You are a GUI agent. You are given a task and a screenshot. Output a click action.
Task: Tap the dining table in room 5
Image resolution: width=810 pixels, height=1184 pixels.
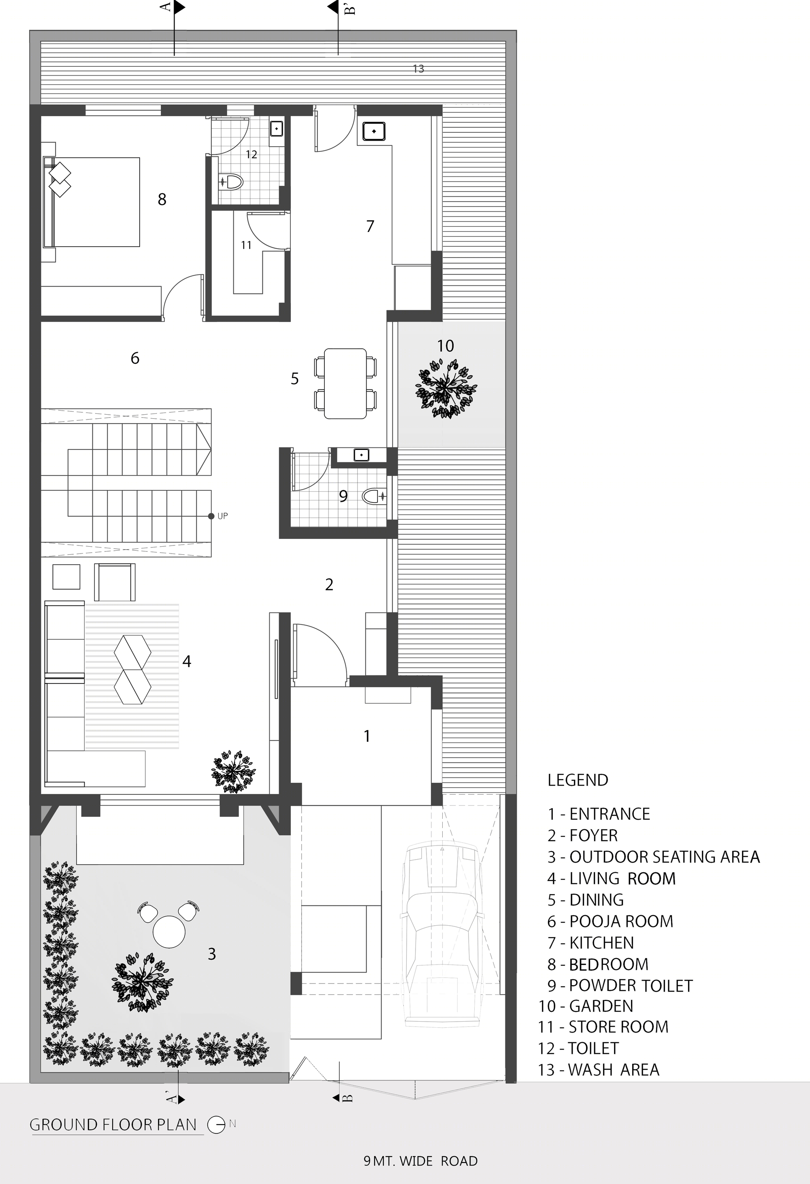[x=345, y=383]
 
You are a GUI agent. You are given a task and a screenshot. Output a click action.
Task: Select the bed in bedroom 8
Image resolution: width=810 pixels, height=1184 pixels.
[x=92, y=202]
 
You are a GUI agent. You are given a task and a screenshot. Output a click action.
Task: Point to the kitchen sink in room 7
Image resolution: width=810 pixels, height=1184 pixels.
[x=373, y=131]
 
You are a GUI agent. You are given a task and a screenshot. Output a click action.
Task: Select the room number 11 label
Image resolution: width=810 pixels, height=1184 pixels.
[x=247, y=245]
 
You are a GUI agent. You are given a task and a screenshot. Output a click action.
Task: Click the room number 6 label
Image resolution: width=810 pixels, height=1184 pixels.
[x=135, y=358]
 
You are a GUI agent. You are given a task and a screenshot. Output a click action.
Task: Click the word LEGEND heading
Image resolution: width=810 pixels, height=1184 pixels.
[x=578, y=780]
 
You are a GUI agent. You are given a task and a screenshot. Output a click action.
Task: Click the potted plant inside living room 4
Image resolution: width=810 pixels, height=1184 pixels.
[x=233, y=771]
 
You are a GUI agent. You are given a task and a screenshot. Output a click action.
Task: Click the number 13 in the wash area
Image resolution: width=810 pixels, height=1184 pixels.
[x=418, y=69]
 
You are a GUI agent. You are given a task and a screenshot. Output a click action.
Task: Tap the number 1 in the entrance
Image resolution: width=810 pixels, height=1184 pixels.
[x=367, y=736]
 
